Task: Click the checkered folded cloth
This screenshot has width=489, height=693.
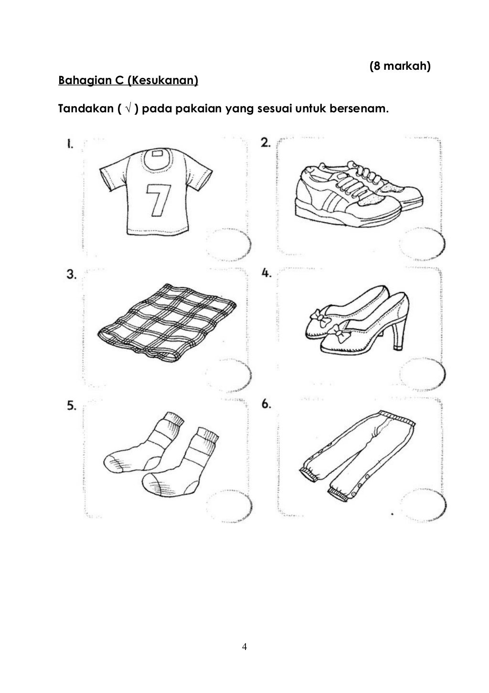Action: pyautogui.click(x=167, y=323)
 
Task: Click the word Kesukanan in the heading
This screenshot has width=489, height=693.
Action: pyautogui.click(x=162, y=80)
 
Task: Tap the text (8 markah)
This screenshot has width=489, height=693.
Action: pyautogui.click(x=400, y=66)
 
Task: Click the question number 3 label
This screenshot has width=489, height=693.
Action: pyautogui.click(x=72, y=274)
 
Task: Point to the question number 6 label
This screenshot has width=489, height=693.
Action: pyautogui.click(x=266, y=404)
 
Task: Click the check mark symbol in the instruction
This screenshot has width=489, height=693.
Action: pyautogui.click(x=128, y=108)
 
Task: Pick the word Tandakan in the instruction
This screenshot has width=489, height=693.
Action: pyautogui.click(x=86, y=108)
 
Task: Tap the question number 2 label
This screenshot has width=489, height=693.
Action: pyautogui.click(x=266, y=142)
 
